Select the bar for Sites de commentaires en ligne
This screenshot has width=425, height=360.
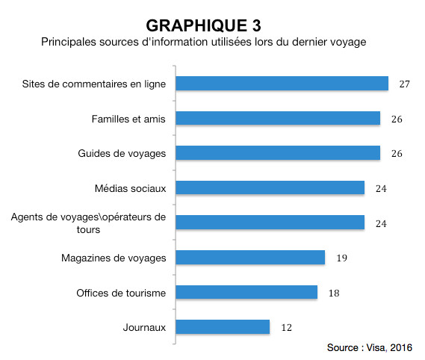(x=282, y=84)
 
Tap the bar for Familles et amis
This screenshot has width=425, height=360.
(x=278, y=118)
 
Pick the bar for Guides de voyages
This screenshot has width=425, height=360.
(x=278, y=153)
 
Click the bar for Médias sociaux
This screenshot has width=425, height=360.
(x=270, y=187)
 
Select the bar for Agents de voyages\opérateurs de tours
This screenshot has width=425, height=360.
(x=270, y=223)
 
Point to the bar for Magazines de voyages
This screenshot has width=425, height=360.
(x=250, y=258)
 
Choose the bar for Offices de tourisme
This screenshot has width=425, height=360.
(x=246, y=292)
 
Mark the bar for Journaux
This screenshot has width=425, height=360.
(x=223, y=327)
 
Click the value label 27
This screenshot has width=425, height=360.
(x=405, y=84)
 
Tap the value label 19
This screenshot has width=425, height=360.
(x=341, y=258)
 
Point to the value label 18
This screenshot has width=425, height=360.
(x=334, y=293)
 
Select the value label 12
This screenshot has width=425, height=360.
(x=286, y=327)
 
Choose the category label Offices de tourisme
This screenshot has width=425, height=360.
(x=121, y=292)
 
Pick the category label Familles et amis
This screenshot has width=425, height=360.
(x=127, y=118)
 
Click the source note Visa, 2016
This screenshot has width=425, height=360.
(x=370, y=348)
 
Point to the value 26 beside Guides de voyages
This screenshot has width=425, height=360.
(x=397, y=153)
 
